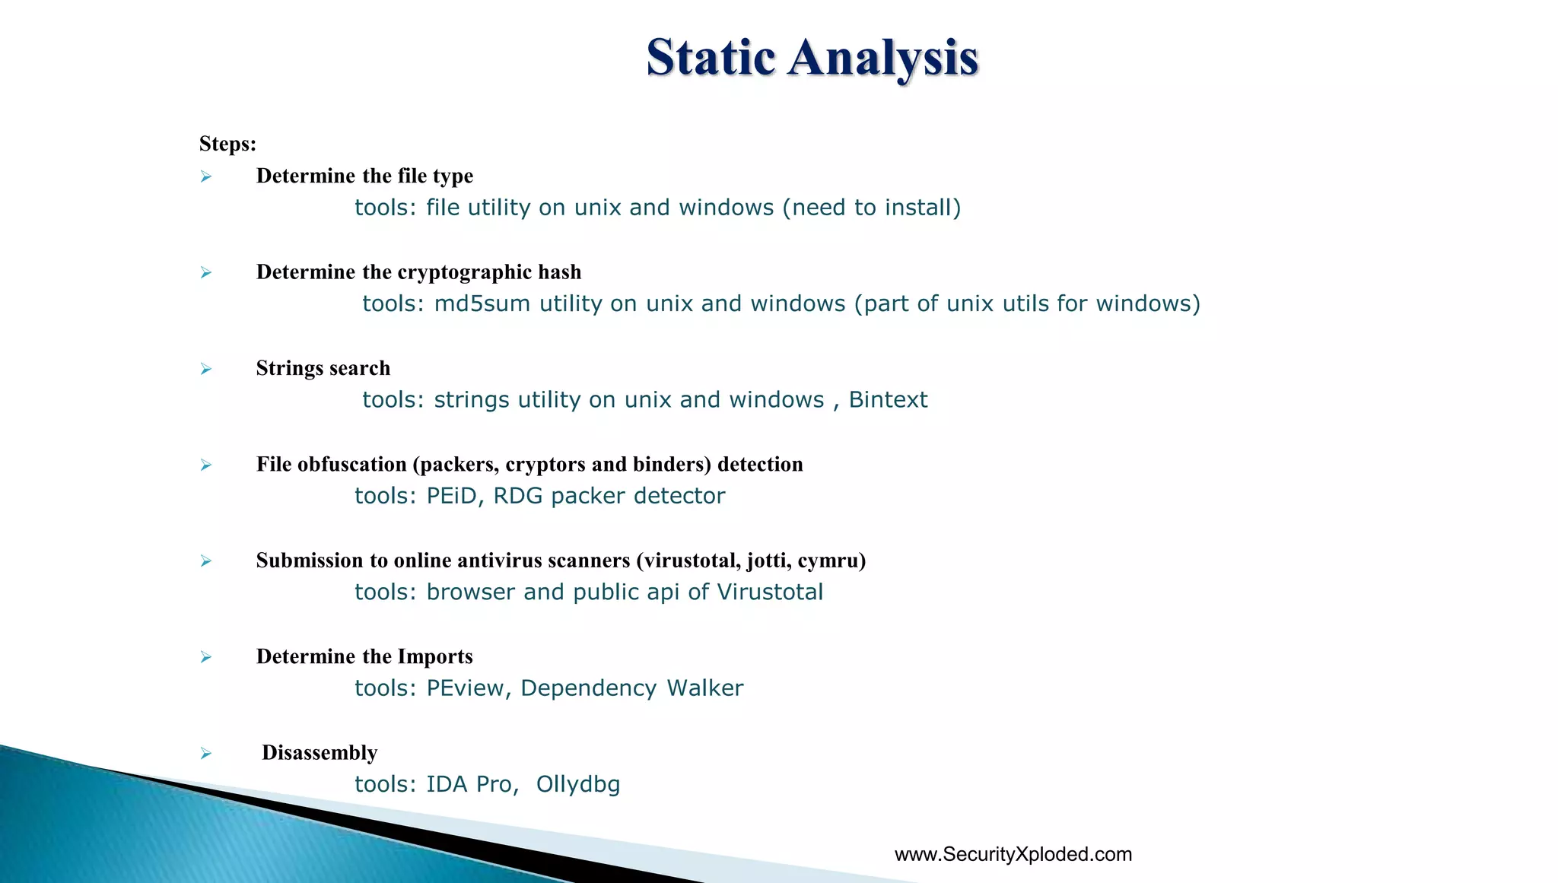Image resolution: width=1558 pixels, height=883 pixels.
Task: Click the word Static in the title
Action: (711, 58)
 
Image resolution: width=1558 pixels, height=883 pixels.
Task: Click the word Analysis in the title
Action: (883, 58)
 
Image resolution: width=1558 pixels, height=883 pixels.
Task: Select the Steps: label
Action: (227, 144)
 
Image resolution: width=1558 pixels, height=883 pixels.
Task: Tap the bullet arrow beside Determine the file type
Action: (206, 176)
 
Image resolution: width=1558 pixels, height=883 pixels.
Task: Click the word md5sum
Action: (482, 303)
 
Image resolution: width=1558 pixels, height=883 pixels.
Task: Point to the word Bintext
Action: (888, 400)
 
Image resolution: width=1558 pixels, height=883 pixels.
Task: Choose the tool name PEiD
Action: (451, 496)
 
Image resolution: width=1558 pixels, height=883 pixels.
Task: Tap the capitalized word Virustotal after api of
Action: (770, 592)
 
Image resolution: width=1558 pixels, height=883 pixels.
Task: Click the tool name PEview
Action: (464, 688)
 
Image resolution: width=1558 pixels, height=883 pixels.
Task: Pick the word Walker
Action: (705, 688)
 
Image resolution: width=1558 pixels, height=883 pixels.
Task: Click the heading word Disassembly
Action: (320, 753)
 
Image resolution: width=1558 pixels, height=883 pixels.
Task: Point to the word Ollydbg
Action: (578, 784)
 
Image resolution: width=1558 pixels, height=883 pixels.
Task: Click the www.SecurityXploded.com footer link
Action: (1013, 854)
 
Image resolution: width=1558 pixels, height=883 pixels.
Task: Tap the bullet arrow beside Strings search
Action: (206, 369)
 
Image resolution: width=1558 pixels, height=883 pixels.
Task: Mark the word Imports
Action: (435, 656)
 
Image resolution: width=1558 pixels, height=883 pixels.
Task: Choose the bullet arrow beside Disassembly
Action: (206, 753)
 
